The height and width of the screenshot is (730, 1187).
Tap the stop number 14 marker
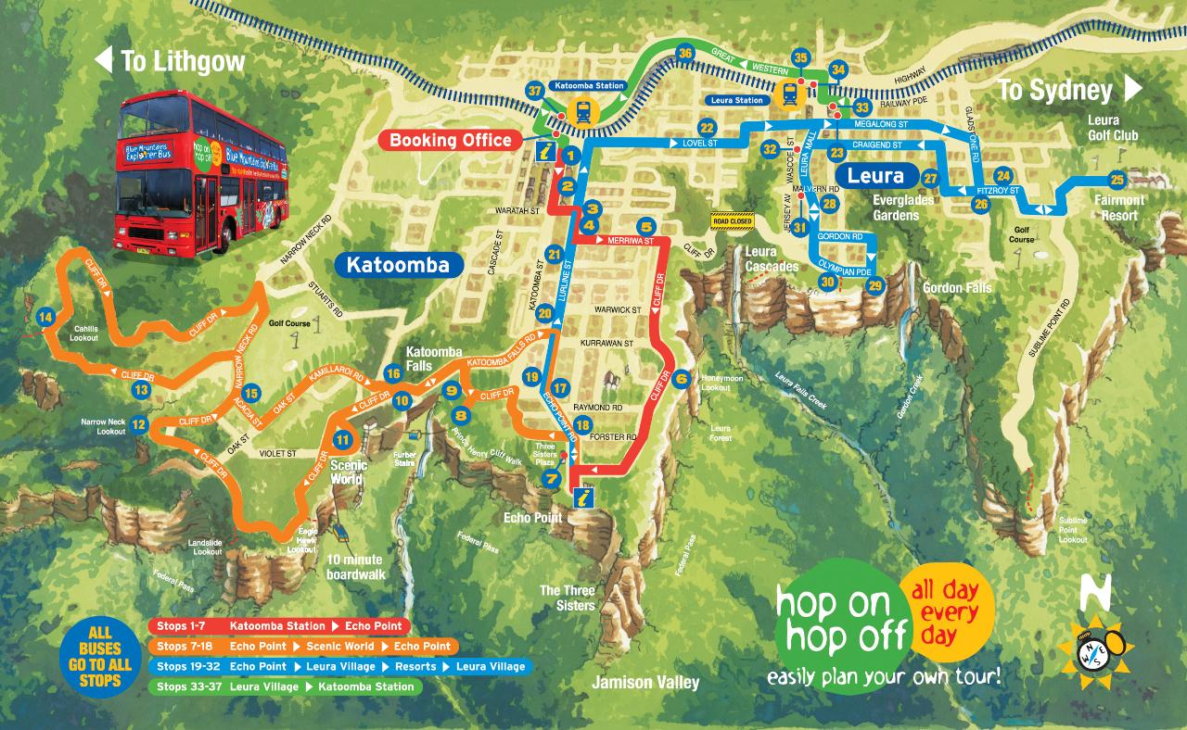tap(45, 317)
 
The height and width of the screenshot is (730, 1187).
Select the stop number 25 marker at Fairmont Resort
tap(1117, 180)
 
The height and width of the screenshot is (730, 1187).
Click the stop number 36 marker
tap(685, 53)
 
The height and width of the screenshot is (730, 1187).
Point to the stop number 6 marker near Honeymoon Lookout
tap(683, 378)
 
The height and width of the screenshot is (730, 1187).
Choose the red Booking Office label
tap(450, 141)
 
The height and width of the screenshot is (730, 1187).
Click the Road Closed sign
tap(733, 220)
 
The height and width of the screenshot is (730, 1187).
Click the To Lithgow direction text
tap(171, 62)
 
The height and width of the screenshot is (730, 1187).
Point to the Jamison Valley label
tap(647, 684)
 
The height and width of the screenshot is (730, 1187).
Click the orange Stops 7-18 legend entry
tap(301, 647)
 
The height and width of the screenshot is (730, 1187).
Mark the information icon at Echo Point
tap(581, 497)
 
